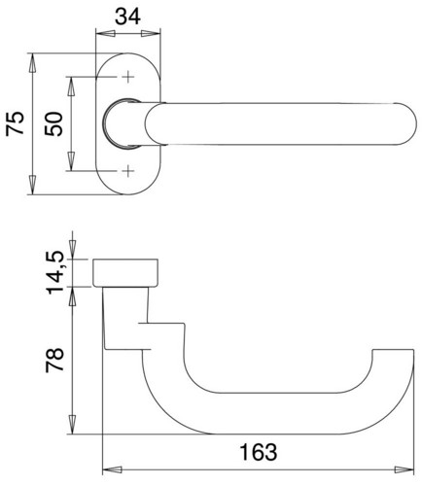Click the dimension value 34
pyautogui.click(x=127, y=17)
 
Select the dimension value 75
pyautogui.click(x=16, y=123)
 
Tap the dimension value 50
pyautogui.click(x=53, y=124)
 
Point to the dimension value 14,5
pyautogui.click(x=55, y=272)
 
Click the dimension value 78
pyautogui.click(x=54, y=361)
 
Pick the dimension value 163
pyautogui.click(x=259, y=452)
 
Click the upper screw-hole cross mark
pyautogui.click(x=128, y=77)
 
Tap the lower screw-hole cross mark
pyautogui.click(x=128, y=170)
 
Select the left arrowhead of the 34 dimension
pyautogui.click(x=106, y=34)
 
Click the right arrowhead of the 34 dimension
pyautogui.click(x=151, y=34)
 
